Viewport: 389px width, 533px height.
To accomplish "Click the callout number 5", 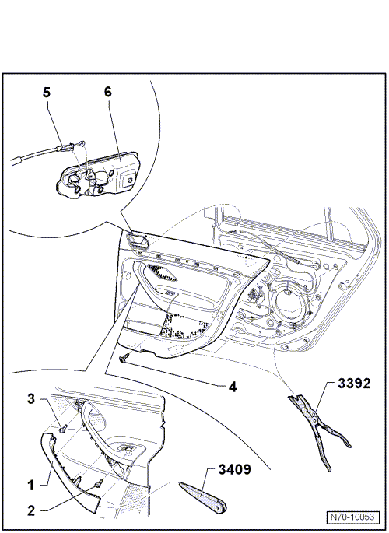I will tap(46, 92).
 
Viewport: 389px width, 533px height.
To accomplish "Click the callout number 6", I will tap(107, 92).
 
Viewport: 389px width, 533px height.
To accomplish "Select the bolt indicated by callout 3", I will tap(61, 427).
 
